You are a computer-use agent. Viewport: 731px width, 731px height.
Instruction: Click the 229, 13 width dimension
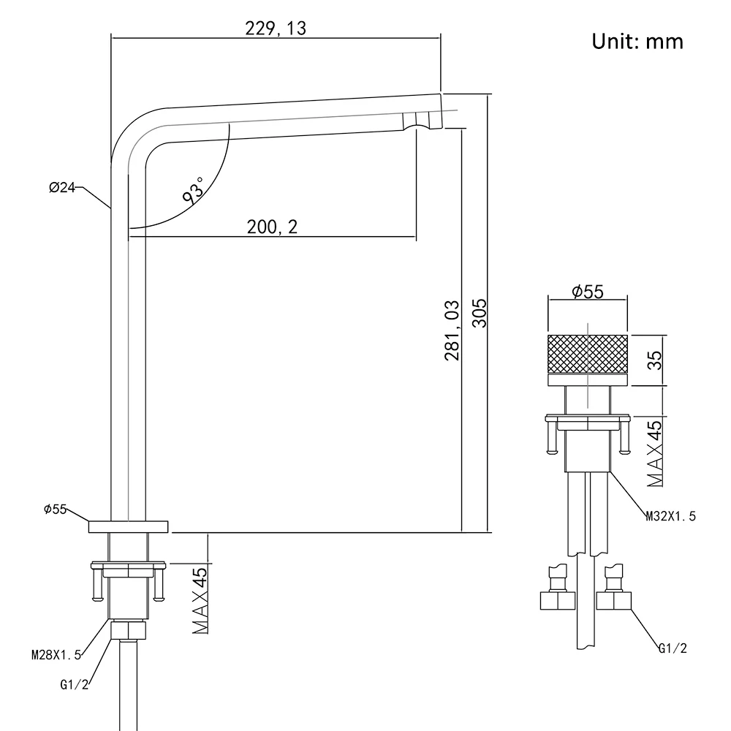(276, 28)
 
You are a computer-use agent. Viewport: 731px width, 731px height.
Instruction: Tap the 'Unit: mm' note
(637, 41)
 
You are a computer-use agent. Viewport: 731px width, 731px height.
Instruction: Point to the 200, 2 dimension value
(272, 227)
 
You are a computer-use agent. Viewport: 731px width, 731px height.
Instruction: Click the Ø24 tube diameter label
(62, 188)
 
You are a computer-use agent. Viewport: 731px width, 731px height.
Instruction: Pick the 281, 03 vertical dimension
(452, 330)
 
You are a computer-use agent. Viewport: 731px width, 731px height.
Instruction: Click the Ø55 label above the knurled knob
(587, 292)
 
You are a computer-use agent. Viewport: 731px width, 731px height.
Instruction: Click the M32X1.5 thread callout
(670, 516)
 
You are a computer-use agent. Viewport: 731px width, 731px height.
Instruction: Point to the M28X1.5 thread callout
(56, 655)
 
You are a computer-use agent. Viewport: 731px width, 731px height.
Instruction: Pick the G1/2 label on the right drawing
(673, 648)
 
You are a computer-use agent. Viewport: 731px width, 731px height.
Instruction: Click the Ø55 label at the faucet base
(56, 509)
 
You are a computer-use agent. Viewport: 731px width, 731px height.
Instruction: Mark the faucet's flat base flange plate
(129, 526)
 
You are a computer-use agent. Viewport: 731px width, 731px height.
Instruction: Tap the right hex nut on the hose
(615, 601)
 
